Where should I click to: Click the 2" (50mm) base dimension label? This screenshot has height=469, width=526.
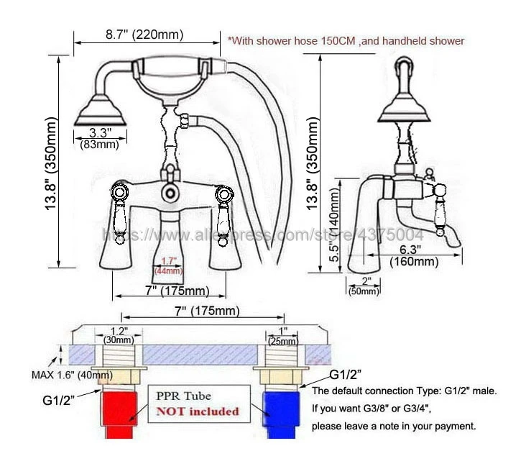click(364, 285)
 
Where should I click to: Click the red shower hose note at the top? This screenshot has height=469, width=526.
click(345, 41)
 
